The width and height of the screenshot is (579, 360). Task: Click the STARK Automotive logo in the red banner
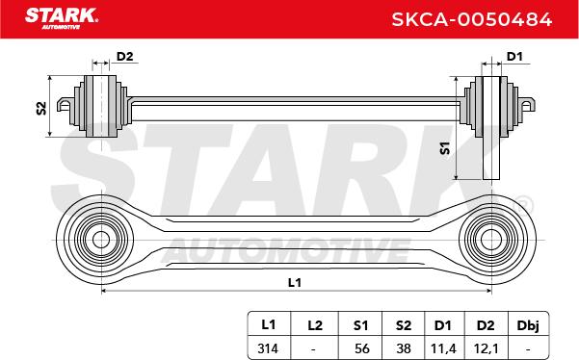coord(62,18)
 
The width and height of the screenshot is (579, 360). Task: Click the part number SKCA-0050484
coord(471,19)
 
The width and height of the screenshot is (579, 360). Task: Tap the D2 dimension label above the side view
coord(124,57)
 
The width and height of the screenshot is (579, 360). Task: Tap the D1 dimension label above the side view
coord(514,57)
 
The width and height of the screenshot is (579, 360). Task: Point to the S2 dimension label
coord(41,108)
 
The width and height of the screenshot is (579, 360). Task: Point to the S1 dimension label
coord(445,148)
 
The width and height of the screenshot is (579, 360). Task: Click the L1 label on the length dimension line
coord(295,283)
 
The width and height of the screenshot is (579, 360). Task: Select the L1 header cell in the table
coord(269,324)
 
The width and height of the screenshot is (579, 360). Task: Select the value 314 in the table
coord(268,348)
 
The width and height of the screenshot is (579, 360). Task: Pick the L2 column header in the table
coord(315,325)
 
